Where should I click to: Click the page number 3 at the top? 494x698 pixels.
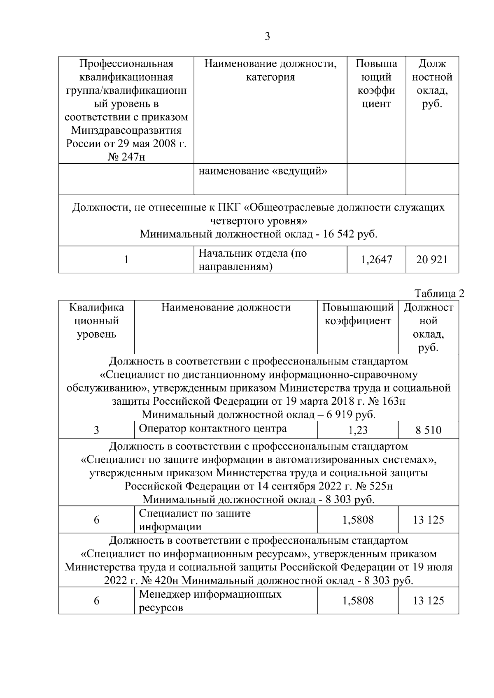267,37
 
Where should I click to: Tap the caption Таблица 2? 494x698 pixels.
439,294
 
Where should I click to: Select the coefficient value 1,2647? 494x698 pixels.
376,260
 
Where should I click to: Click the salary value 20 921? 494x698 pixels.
432,260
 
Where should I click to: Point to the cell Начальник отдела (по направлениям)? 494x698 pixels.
253,260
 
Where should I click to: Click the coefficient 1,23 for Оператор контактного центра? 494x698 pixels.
358,430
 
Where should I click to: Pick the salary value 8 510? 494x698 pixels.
428,430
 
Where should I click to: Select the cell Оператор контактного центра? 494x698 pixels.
213,429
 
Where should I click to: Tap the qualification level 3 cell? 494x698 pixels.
96,430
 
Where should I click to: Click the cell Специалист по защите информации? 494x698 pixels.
195,520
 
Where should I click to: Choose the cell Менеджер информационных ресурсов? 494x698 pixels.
210,601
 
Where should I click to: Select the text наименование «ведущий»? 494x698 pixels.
263,171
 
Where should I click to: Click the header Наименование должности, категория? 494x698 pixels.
270,70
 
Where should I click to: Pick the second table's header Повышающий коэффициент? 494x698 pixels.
358,314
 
